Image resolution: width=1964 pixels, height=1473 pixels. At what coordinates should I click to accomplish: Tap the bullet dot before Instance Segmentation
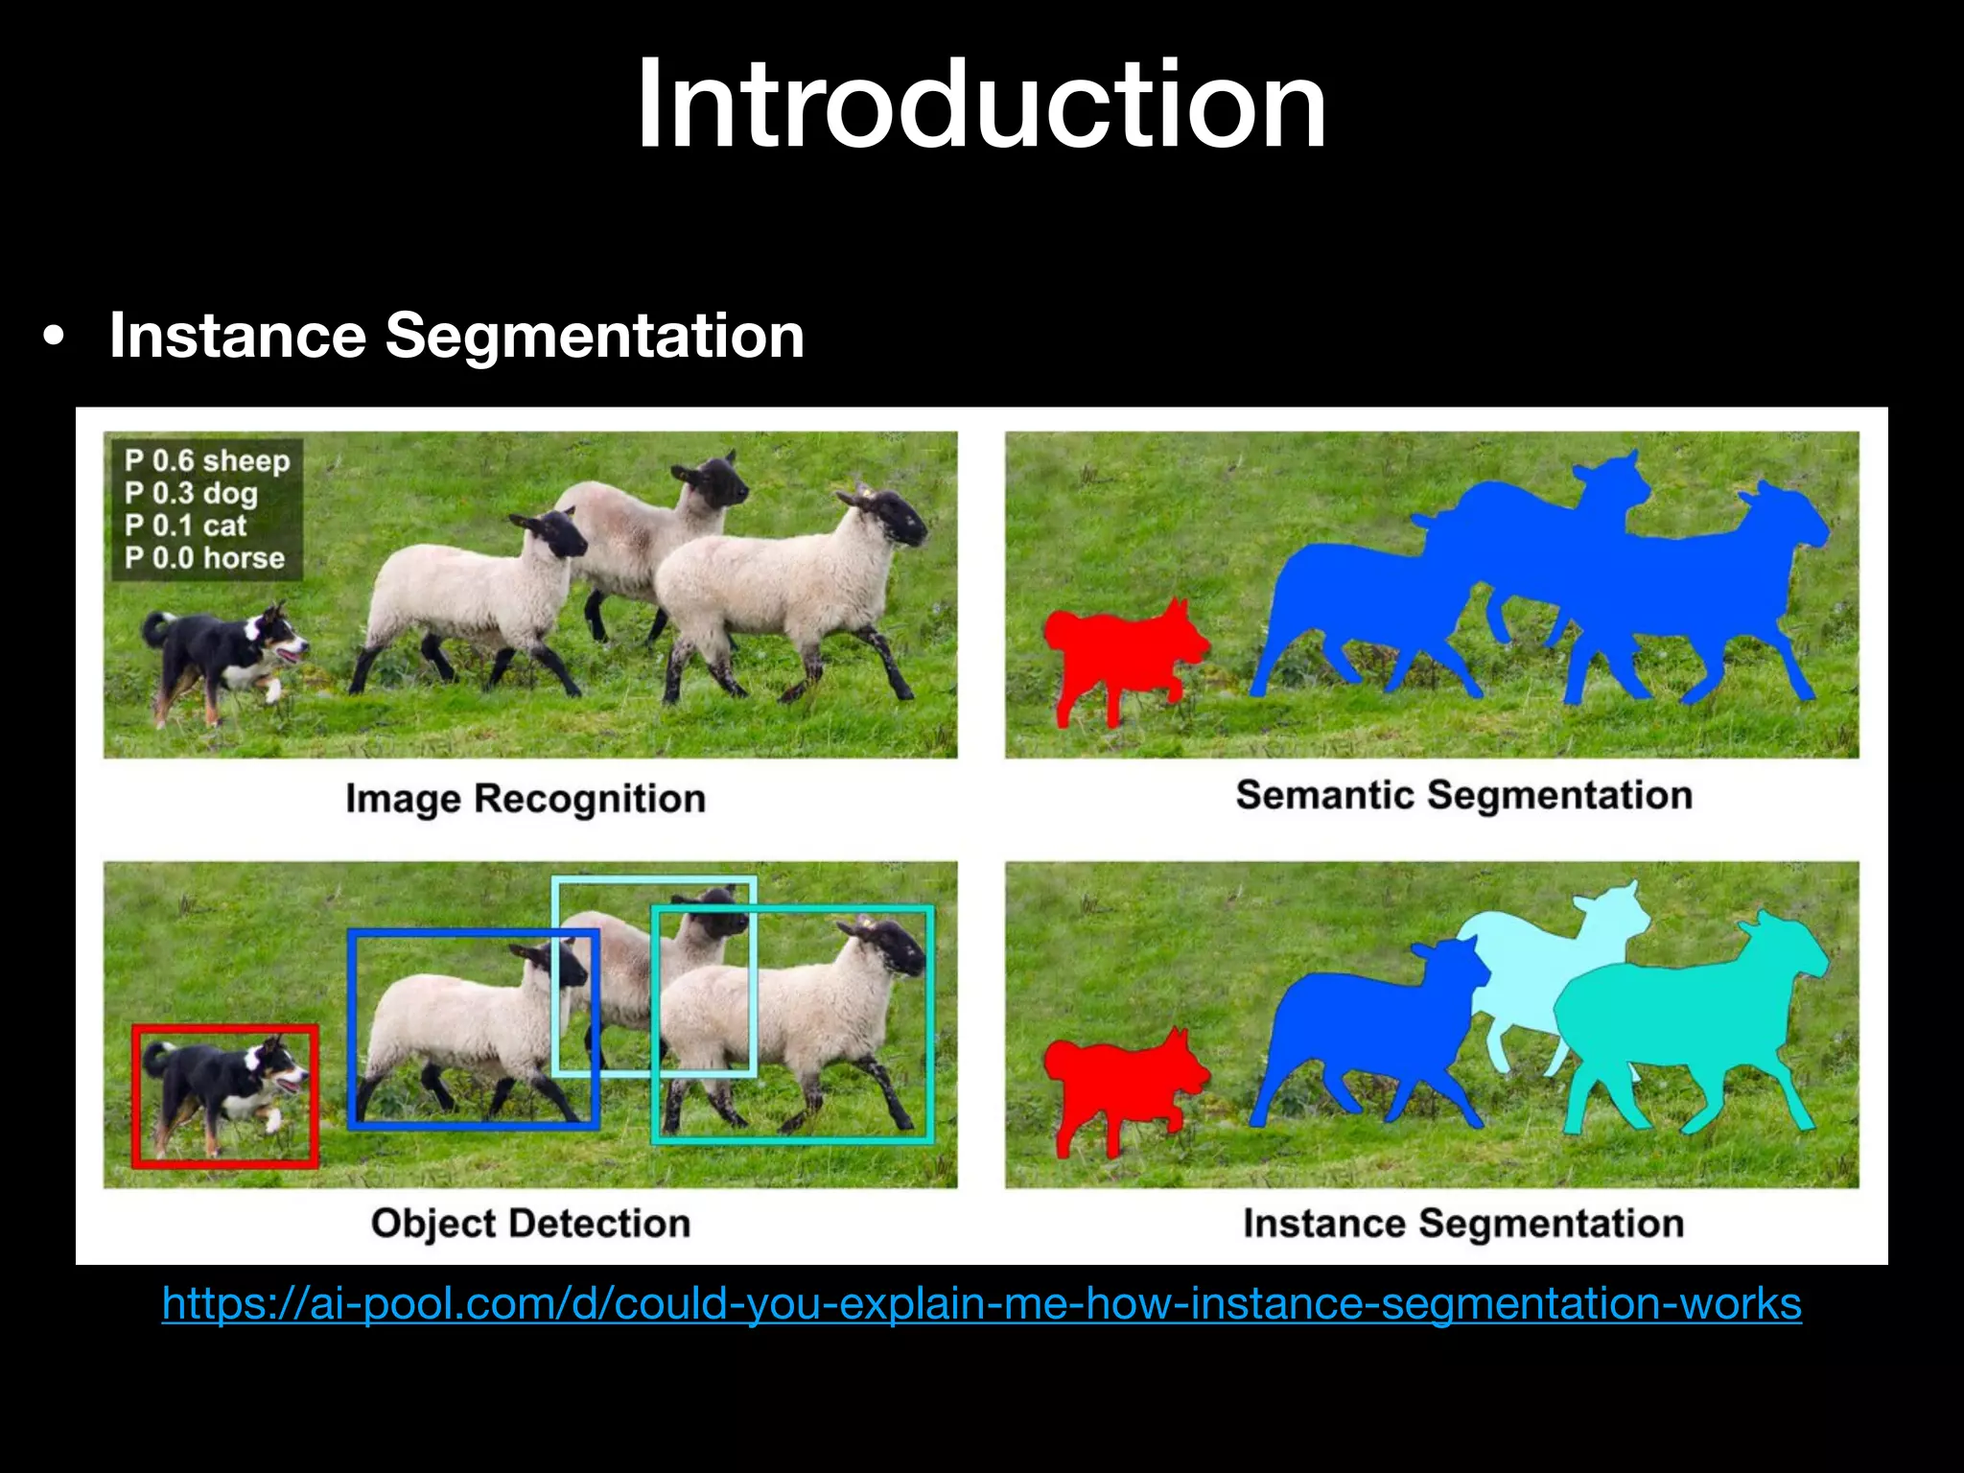coord(55,338)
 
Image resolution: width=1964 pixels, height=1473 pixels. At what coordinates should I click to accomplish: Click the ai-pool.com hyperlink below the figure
coord(981,1304)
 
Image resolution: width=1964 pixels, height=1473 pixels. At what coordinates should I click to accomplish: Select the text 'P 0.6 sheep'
coord(206,461)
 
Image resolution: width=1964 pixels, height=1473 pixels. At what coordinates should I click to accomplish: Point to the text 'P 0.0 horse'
coord(204,558)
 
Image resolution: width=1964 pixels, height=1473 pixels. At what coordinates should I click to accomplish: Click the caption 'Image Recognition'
coord(526,799)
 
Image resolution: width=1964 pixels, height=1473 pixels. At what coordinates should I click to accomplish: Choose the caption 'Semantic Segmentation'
coord(1463,795)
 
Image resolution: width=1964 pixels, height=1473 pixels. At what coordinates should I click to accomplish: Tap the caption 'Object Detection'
coord(530,1224)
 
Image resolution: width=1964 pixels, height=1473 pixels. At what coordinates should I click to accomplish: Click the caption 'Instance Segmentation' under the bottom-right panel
coord(1463,1224)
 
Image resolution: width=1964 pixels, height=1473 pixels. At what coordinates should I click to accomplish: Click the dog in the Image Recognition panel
coord(216,652)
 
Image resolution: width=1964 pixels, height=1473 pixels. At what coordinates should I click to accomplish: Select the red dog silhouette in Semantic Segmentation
coord(1117,652)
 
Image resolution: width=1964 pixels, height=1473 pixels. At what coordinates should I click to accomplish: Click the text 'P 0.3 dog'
coord(191,494)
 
